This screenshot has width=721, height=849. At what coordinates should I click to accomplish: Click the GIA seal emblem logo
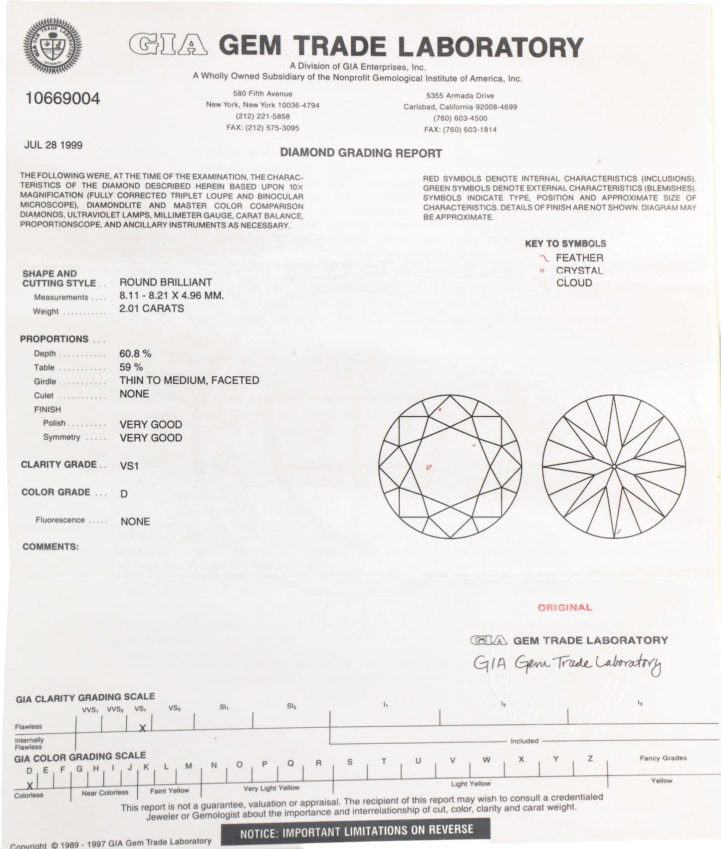(52, 49)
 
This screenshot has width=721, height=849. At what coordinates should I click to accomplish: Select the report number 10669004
(62, 98)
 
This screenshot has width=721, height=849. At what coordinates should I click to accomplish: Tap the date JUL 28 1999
(53, 145)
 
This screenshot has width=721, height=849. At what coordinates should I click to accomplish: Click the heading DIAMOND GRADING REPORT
(361, 153)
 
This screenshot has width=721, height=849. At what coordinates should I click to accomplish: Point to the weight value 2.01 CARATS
(152, 308)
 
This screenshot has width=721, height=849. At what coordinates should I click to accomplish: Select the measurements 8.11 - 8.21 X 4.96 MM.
(172, 295)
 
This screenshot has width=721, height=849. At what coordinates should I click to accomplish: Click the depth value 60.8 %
(135, 354)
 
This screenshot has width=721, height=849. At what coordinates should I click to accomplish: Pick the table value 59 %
(131, 367)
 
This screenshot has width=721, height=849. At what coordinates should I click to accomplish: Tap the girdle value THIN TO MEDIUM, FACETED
(189, 380)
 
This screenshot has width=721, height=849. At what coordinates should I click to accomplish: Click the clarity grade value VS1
(129, 466)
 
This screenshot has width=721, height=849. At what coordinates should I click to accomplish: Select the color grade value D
(124, 494)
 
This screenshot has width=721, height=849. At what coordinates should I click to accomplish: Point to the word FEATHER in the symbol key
(579, 258)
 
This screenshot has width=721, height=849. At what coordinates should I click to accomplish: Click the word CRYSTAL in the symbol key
(579, 271)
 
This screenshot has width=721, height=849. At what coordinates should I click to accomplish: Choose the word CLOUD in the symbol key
(574, 283)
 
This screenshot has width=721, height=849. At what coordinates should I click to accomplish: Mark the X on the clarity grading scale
(142, 728)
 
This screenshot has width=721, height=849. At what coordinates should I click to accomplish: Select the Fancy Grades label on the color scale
(663, 758)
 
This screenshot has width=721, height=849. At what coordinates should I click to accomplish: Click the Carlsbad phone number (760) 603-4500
(460, 118)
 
